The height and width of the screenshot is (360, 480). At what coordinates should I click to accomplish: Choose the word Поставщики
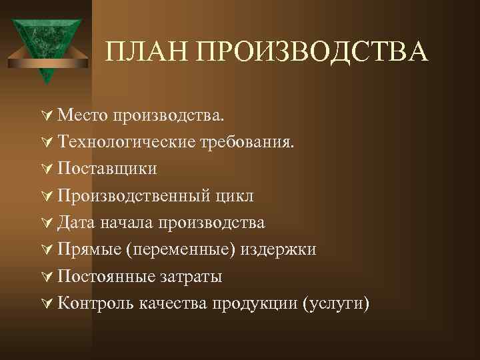107,168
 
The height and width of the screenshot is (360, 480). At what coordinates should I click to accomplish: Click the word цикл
234,195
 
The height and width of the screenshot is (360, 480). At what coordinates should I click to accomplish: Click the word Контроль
95,303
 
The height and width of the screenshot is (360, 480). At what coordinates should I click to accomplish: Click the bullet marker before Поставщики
47,168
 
